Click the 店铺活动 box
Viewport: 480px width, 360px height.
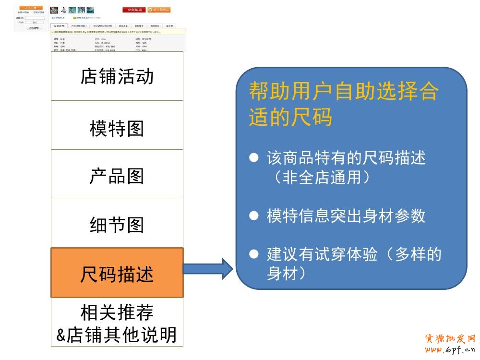pos(117,76)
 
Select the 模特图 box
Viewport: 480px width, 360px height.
pos(117,128)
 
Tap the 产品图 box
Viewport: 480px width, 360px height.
pos(117,176)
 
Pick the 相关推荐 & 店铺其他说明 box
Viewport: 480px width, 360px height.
pos(117,323)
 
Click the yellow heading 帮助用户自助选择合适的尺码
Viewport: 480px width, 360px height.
pos(343,104)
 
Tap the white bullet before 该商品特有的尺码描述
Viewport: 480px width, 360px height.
pos(254,158)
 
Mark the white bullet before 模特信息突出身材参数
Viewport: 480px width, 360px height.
pos(254,216)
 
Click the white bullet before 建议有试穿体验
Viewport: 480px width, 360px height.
pos(254,254)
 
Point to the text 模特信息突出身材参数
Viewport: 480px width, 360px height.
pos(346,216)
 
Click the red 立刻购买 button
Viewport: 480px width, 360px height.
pos(134,10)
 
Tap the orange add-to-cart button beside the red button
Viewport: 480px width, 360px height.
pos(159,10)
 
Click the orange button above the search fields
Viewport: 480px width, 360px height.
pos(31,8)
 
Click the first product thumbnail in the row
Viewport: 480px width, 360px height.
pos(54,10)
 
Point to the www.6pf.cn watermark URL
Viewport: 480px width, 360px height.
pos(450,350)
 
